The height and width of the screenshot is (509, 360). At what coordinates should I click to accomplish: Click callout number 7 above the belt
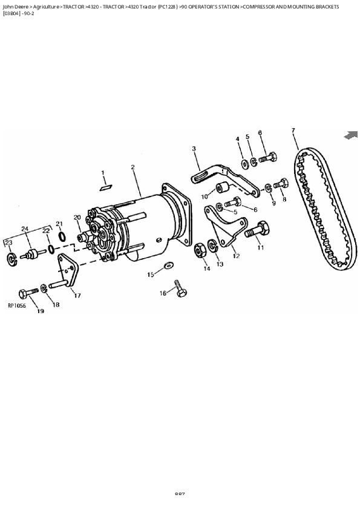pos(293,131)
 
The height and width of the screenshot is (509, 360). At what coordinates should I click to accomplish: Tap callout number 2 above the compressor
pos(133,167)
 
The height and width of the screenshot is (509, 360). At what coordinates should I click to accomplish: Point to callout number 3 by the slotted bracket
pos(194,148)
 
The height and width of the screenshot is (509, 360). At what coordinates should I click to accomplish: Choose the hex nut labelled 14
pos(198,250)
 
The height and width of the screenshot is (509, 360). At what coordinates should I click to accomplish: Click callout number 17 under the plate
pos(77,296)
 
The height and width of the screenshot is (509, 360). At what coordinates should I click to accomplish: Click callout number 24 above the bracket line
pos(25,229)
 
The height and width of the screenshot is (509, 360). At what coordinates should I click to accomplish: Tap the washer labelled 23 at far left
pos(11,259)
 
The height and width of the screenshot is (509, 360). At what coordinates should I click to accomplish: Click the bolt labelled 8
pos(281,183)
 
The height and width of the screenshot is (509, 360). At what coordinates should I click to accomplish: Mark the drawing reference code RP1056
pos(17,306)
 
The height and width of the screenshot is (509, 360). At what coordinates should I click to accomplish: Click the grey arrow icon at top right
pos(351,135)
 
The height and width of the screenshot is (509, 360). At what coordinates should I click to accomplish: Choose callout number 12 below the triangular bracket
pos(236,256)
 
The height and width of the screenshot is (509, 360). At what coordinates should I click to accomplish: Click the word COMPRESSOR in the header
pos(262,7)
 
